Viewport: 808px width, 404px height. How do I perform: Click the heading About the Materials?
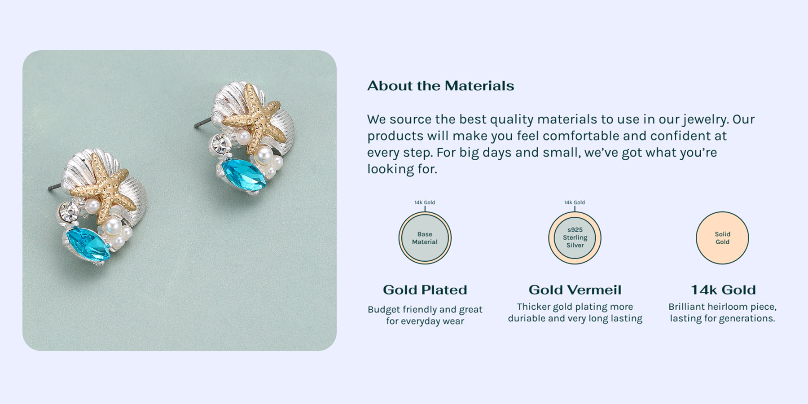440,86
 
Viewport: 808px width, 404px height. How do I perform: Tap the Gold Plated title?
425,290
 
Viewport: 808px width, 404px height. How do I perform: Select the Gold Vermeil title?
575,290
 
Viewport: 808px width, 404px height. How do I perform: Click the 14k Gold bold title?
723,290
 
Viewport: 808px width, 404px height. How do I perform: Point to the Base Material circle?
425,238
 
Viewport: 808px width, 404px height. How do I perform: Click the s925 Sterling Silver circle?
575,238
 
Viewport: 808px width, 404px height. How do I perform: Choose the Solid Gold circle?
722,238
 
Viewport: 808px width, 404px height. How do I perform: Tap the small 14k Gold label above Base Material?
425,202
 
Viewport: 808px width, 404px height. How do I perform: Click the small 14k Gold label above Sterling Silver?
575,202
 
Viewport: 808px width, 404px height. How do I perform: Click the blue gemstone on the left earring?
88,244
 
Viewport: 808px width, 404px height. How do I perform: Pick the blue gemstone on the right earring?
244,175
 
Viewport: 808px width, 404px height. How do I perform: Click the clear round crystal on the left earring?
69,211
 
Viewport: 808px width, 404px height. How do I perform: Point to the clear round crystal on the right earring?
221,144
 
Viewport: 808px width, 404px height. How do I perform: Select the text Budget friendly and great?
425,309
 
